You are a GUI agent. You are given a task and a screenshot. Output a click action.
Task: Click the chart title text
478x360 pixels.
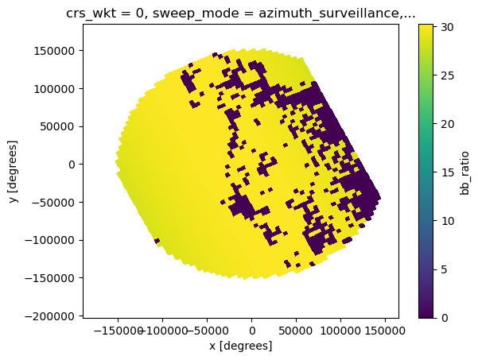tap(241, 14)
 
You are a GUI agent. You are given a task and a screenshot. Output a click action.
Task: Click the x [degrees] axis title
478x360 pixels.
tap(241, 346)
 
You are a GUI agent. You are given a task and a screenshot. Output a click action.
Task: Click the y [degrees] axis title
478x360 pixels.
tap(13, 172)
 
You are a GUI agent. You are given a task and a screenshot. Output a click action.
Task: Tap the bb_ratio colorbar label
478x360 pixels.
tap(464, 172)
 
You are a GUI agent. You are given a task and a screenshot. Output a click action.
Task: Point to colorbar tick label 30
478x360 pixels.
tap(447, 27)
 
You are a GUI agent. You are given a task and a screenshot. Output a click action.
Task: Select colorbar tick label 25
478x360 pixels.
tap(447, 75)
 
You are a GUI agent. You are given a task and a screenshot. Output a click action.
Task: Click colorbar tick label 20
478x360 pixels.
tap(447, 124)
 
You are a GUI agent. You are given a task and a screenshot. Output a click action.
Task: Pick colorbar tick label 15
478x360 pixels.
tap(447, 172)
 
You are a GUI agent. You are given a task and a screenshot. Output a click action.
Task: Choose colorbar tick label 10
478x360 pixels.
tap(447, 221)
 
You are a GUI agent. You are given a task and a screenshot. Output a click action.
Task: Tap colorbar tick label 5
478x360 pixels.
tap(444, 269)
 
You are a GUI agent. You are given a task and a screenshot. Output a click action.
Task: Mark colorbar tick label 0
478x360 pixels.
tap(444, 318)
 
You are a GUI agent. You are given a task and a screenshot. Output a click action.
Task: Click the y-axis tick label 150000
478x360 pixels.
tap(54, 51)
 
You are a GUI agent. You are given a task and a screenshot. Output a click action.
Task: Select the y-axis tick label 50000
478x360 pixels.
tap(57, 126)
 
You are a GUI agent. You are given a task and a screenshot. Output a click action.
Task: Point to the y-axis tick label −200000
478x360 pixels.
tap(50, 316)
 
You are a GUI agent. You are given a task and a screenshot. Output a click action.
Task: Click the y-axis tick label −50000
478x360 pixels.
tap(53, 202)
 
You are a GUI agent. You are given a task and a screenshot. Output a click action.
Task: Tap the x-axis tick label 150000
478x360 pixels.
tap(385, 331)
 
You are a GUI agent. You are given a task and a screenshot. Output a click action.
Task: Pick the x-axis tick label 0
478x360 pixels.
tap(252, 331)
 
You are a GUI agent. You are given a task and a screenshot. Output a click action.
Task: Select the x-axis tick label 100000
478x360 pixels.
tap(340, 331)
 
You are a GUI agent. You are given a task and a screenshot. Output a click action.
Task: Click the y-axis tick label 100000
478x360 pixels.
tap(54, 89)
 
